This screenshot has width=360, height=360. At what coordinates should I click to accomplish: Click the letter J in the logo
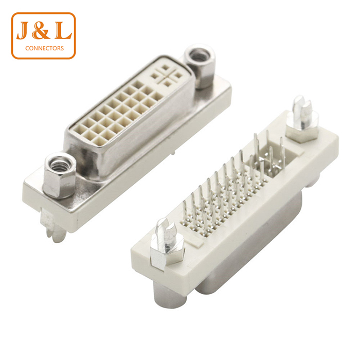24,30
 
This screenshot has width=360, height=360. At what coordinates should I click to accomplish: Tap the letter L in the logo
62,30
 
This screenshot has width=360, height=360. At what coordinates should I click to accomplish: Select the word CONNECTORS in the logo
45,48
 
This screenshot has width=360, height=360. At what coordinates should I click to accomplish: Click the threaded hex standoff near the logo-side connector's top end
200,66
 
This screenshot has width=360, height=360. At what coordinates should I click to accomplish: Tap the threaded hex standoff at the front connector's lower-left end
60,176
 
